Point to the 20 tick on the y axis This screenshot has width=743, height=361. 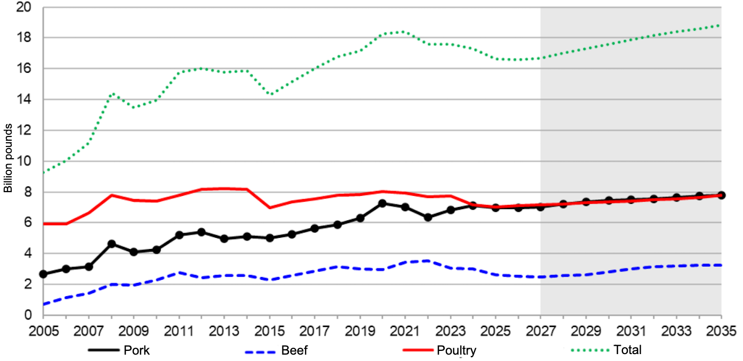coord(23,7)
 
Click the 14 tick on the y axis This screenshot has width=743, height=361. coord(23,100)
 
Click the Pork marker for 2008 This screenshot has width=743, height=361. coord(111,244)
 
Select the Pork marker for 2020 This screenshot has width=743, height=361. coord(383,203)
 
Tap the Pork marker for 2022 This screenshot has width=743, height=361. coord(428,217)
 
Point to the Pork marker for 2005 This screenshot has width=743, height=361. coord(44,274)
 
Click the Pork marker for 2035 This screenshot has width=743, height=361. coord(721,195)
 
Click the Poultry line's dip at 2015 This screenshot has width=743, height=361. coord(270,208)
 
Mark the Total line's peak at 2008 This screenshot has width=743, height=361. coord(112,93)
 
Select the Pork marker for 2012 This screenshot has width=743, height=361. coord(202,232)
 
